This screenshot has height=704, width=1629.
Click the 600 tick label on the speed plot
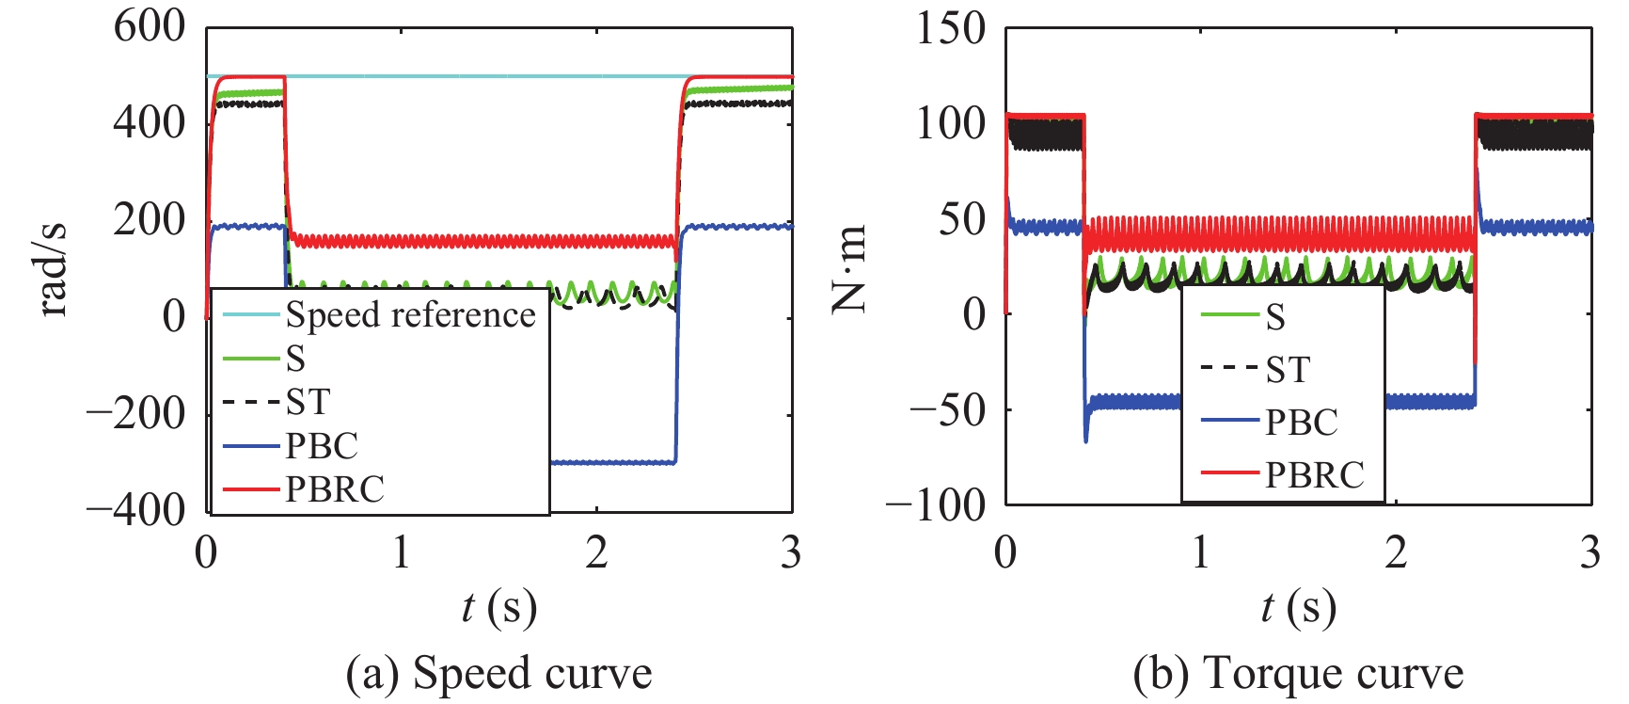click(x=150, y=25)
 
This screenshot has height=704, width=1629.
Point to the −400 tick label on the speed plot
click(x=136, y=509)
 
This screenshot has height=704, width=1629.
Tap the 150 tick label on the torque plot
click(x=951, y=27)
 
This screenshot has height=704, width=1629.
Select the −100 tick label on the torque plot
click(x=936, y=506)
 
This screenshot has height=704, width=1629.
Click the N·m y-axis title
click(x=849, y=268)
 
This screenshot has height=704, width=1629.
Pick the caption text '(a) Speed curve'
click(x=498, y=674)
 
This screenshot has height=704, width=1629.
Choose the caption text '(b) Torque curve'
click(x=1298, y=674)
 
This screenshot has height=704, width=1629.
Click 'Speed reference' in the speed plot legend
click(x=410, y=314)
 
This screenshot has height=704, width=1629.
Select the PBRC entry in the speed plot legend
click(x=335, y=489)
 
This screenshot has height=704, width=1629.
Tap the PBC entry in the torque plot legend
click(x=1301, y=423)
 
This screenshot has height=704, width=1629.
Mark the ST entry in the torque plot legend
click(x=1287, y=370)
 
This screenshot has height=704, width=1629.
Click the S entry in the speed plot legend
click(x=295, y=358)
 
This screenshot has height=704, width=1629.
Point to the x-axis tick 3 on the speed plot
click(x=791, y=552)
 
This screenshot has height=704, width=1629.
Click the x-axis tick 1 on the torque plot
click(x=1201, y=552)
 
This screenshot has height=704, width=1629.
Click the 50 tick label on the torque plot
click(x=962, y=219)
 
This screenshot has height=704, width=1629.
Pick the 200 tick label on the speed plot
click(x=150, y=219)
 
